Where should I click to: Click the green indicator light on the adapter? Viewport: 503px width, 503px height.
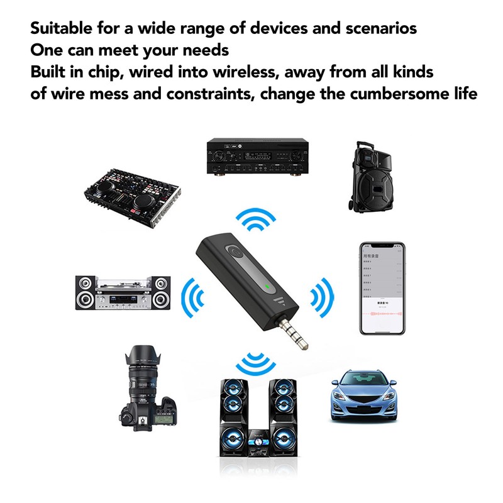point(268,289)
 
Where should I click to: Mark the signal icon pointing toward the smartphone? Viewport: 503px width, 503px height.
point(322,294)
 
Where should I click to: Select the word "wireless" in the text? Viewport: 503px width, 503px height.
point(246,72)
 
